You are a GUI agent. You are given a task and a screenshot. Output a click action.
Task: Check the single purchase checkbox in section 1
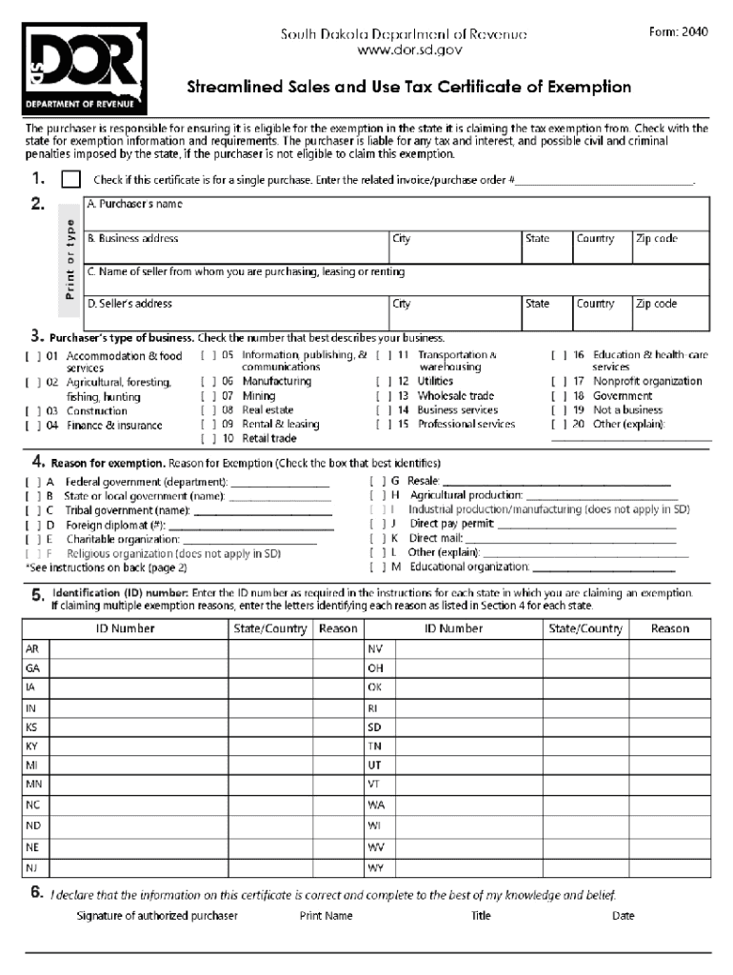click(x=70, y=179)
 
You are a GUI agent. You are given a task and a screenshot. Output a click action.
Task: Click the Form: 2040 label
click(x=679, y=31)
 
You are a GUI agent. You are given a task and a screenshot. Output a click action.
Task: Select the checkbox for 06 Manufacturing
click(x=208, y=382)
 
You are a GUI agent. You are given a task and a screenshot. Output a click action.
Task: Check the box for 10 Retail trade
click(x=208, y=439)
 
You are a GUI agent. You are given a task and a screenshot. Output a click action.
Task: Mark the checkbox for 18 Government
click(x=559, y=396)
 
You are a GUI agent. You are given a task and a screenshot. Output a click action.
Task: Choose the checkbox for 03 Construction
click(x=32, y=411)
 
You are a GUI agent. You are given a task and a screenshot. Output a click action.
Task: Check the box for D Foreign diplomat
click(x=32, y=525)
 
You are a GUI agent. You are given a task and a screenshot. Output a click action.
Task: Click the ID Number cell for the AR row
click(x=138, y=648)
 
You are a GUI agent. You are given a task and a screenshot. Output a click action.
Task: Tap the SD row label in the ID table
click(x=374, y=726)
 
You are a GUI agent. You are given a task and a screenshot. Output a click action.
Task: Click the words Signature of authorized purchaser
click(x=157, y=916)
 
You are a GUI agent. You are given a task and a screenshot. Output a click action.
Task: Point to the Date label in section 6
click(x=624, y=916)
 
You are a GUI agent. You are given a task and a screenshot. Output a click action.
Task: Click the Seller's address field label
click(x=129, y=304)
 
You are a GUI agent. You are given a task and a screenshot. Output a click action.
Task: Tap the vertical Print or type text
click(x=69, y=258)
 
